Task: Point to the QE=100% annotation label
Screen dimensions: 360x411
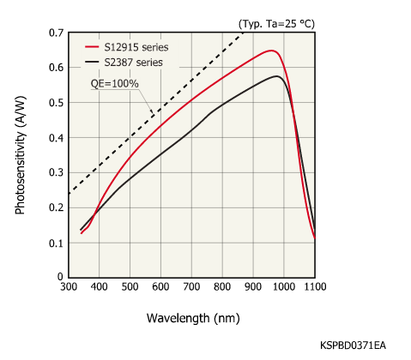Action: click(x=115, y=84)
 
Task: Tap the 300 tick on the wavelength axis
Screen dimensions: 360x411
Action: click(x=69, y=289)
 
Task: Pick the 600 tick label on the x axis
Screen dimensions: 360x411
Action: click(x=160, y=289)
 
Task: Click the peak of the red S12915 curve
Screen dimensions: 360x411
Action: click(x=271, y=51)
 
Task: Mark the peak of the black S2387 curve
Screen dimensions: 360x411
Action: click(x=276, y=76)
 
